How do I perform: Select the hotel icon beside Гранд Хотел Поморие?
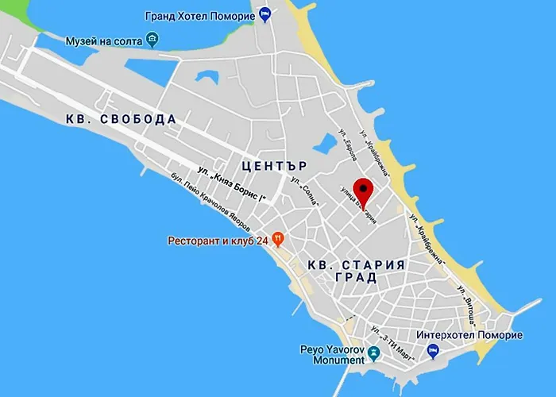coord(265,13)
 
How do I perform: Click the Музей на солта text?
coord(99,39)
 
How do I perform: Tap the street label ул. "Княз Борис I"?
coord(230,183)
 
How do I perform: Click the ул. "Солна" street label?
coord(306,191)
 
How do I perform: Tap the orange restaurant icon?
coord(277,237)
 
